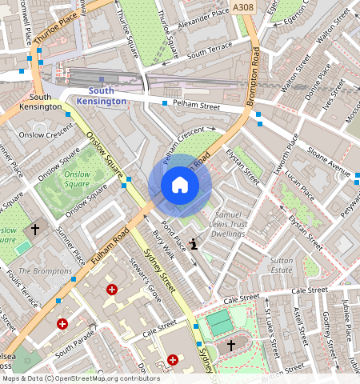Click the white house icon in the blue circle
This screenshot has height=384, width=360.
click(x=180, y=186)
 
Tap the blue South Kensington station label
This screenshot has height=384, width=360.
click(x=101, y=96)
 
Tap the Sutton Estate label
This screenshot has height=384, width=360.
click(x=281, y=266)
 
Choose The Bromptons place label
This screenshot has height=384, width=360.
click(x=45, y=271)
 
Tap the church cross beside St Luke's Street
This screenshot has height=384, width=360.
click(x=231, y=346)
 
